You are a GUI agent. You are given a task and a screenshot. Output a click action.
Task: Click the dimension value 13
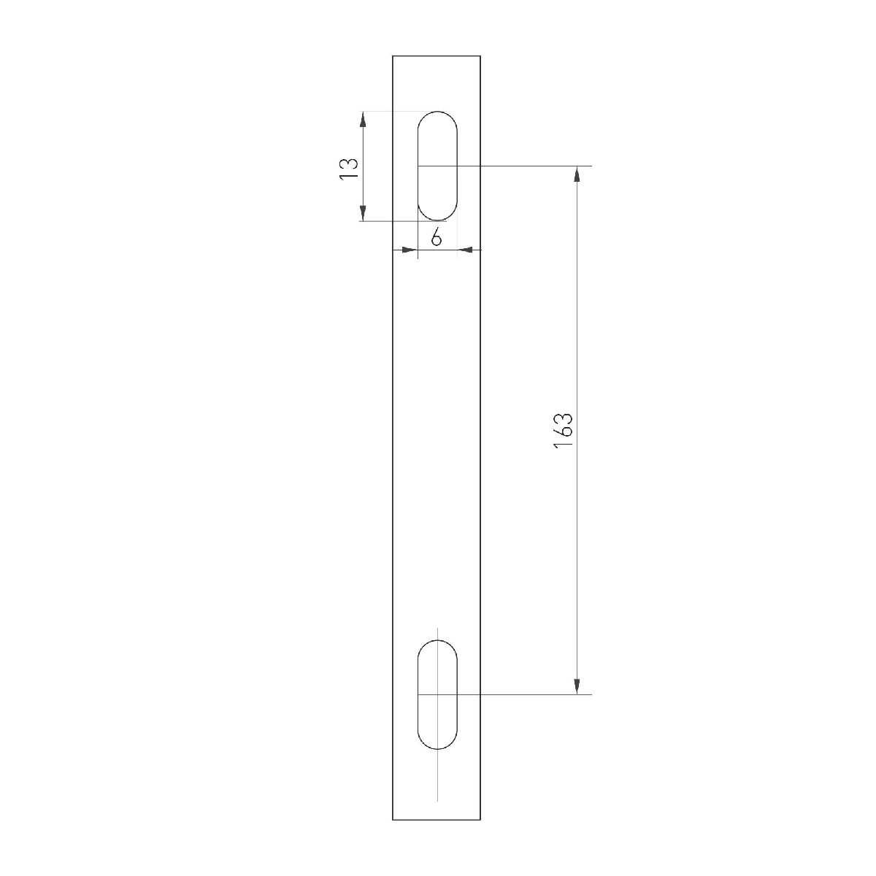350,168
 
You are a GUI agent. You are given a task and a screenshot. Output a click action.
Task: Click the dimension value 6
436,237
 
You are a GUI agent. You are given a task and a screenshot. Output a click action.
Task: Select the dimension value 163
563,431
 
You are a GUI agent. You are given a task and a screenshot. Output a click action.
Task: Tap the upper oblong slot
437,166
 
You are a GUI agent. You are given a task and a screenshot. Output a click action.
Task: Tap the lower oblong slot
437,694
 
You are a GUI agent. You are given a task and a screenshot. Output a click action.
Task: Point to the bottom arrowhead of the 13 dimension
363,213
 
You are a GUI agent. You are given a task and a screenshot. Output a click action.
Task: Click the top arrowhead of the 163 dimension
577,174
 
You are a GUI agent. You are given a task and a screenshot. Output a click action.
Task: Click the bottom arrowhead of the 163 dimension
577,686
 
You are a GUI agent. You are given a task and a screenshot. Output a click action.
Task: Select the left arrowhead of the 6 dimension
410,250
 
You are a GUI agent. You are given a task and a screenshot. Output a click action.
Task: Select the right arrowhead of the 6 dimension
465,250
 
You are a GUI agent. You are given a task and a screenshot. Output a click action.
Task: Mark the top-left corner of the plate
393,55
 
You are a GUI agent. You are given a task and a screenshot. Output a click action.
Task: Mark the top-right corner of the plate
480,55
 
